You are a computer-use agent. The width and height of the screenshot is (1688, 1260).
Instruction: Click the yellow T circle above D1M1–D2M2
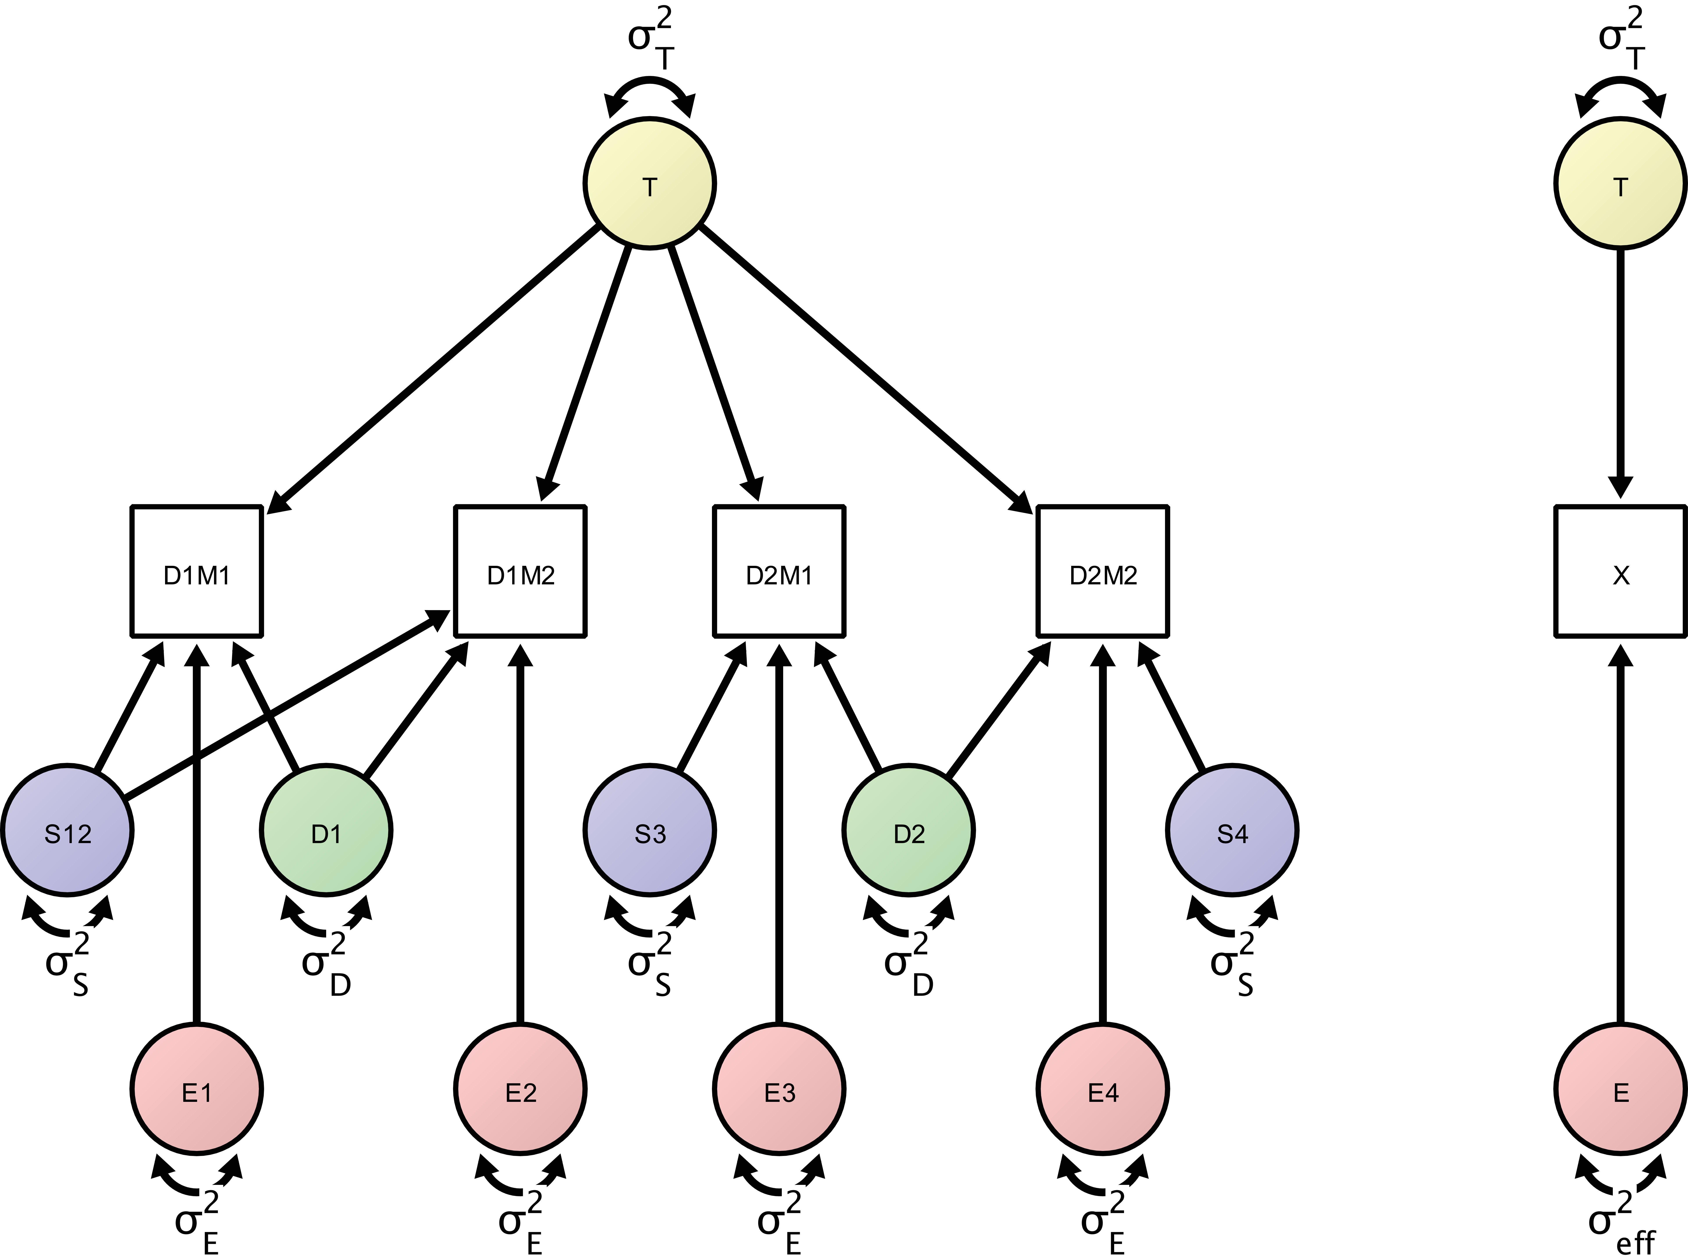(649, 183)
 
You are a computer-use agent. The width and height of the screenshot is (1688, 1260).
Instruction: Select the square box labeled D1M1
(197, 570)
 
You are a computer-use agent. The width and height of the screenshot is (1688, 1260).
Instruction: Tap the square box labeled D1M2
(520, 570)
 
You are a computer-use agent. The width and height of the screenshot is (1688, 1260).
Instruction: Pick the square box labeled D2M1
(779, 570)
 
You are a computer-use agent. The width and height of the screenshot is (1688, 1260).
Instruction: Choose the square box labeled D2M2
(1103, 570)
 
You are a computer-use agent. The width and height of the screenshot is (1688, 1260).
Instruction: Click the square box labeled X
(1620, 570)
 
